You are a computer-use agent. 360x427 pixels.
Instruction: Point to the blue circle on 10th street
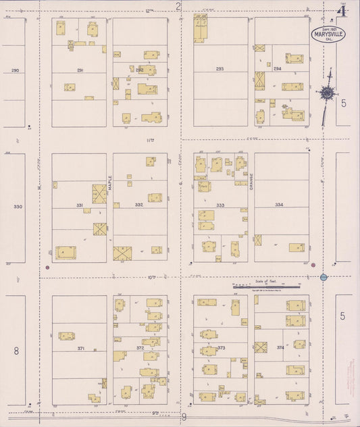[x=324, y=277]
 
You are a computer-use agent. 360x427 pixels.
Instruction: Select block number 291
[x=80, y=70]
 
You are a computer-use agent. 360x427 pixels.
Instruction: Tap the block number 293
[x=220, y=69]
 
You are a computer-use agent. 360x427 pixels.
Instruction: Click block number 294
[x=277, y=69]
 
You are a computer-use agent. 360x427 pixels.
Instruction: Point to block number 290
[x=15, y=70]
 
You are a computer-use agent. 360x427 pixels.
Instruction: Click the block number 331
[x=80, y=205]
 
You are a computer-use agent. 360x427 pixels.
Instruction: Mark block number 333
[x=220, y=205]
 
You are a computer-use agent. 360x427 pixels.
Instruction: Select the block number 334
[x=279, y=205]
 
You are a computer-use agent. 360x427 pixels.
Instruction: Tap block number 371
[x=80, y=348]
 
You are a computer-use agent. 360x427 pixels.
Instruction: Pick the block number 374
[x=280, y=348]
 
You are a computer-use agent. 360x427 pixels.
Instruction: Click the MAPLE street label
[x=110, y=182]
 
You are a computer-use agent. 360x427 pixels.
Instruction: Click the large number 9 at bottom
[x=184, y=418]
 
